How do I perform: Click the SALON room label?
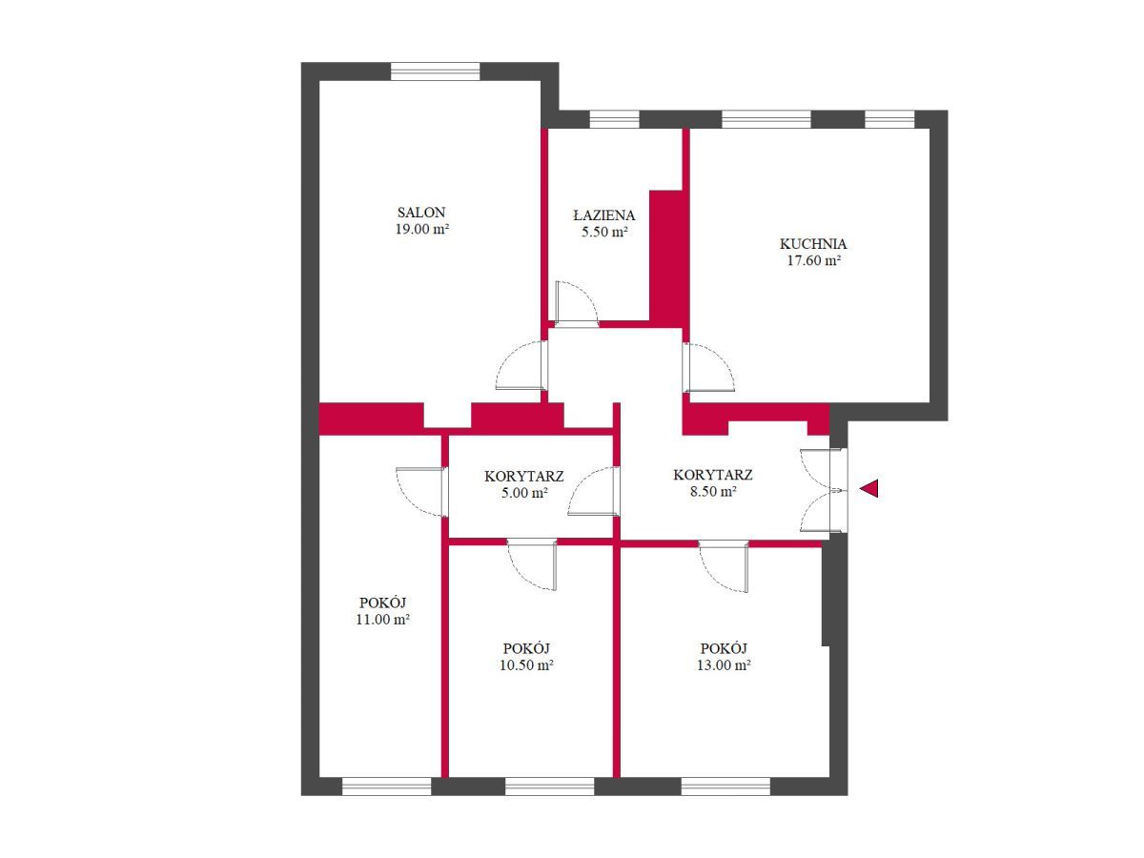click(421, 213)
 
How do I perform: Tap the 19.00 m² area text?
click(422, 229)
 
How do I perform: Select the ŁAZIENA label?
click(604, 214)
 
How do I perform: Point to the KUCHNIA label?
click(813, 243)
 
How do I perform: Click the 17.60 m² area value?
click(813, 260)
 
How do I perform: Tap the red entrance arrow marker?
click(868, 488)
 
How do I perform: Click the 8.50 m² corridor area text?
click(713, 491)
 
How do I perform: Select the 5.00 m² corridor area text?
click(524, 492)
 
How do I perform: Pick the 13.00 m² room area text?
click(724, 664)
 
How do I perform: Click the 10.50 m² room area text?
click(526, 664)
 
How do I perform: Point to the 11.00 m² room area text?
click(382, 620)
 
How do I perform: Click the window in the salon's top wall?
click(435, 71)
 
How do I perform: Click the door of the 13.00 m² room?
click(724, 566)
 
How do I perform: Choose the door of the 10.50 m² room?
click(532, 565)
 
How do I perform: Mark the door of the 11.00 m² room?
click(421, 492)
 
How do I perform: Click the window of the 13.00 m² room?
click(725, 786)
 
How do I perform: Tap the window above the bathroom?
click(615, 119)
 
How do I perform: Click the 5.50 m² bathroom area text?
click(604, 232)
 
